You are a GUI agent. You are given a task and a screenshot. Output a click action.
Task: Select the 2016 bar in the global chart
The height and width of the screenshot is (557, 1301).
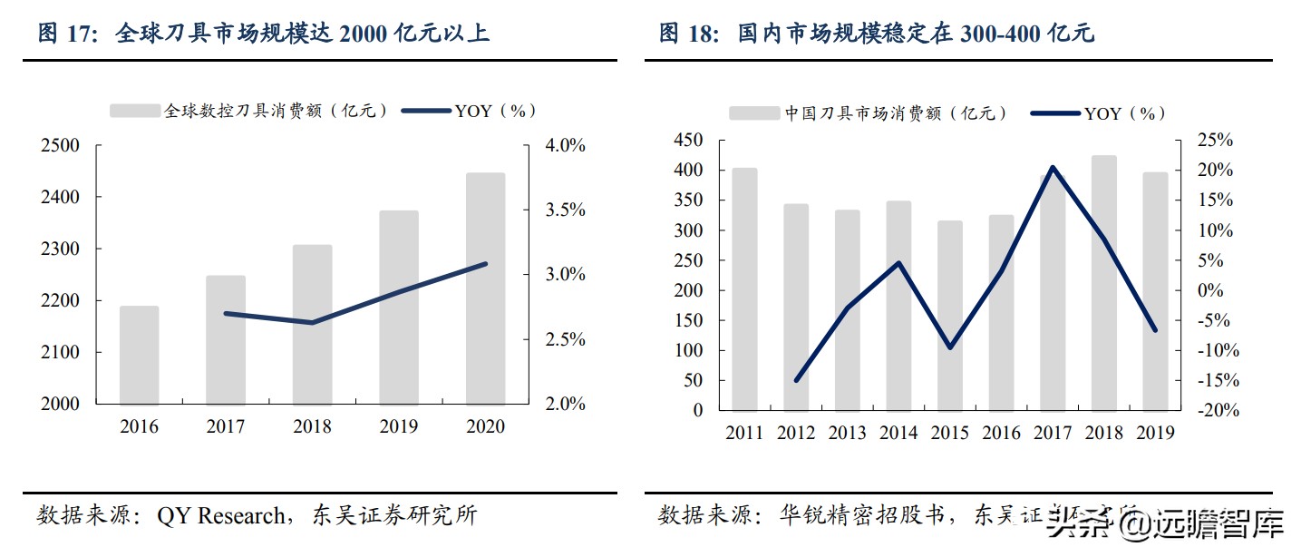tap(139, 355)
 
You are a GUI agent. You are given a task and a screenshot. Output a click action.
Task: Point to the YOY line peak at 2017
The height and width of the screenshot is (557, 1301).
tap(1053, 167)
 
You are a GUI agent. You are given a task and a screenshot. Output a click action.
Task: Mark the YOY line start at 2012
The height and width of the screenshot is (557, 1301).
tap(796, 380)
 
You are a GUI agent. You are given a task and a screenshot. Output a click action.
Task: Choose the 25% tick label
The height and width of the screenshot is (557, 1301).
tap(1215, 141)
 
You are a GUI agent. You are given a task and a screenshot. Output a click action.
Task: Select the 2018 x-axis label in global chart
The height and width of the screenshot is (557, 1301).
tap(312, 426)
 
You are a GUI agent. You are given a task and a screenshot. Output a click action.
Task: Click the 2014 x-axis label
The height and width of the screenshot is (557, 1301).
tap(898, 433)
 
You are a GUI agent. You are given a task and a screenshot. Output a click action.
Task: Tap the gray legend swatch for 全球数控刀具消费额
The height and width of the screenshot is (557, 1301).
tap(135, 111)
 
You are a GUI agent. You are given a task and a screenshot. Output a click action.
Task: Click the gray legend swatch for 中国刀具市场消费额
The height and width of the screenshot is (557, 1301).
tap(754, 113)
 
